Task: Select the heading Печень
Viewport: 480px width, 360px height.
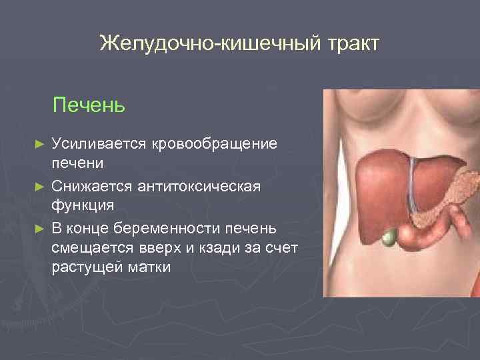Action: pyautogui.click(x=89, y=105)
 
